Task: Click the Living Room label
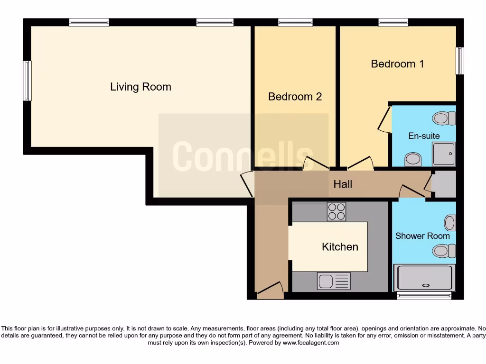pos(140,87)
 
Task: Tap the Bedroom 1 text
pos(397,64)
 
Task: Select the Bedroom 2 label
pos(295,97)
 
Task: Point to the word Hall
pos(343,184)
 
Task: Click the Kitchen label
pos(340,246)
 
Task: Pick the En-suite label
pos(424,136)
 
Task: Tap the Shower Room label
pos(422,236)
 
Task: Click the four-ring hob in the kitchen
pos(336,211)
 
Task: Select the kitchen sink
pos(334,281)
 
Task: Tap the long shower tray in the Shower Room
pos(424,278)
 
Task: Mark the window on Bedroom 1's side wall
pos(459,61)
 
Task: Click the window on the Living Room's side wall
pos(28,81)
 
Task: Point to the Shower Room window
pos(423,296)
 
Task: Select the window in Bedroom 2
pos(295,22)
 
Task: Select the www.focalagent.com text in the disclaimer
pos(311,343)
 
